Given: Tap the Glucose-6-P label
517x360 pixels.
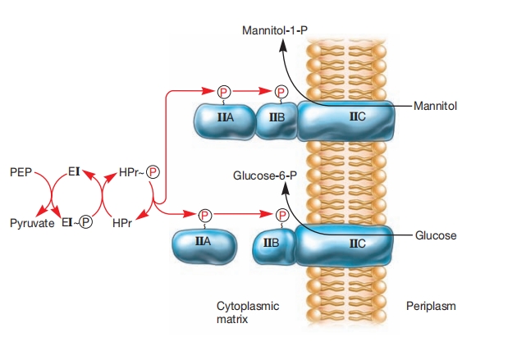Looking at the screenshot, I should tap(265, 175).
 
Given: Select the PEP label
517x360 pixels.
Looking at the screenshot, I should tap(21, 174).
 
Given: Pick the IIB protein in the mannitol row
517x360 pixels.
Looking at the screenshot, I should tap(276, 120).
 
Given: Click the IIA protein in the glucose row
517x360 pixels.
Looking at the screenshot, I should tap(204, 244).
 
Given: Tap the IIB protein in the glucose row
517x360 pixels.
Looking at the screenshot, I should tap(273, 244).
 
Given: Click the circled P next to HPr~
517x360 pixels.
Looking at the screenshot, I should tap(153, 174).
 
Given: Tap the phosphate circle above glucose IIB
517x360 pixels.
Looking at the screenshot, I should tap(281, 215).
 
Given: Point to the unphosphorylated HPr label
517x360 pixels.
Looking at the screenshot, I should tap(122, 222).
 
